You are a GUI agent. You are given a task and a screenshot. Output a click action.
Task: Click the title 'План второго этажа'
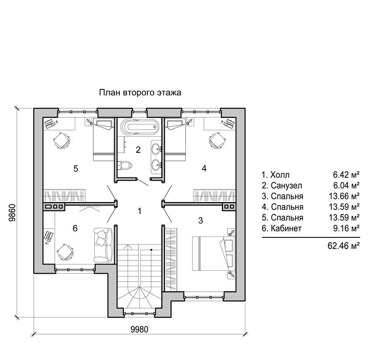coord(140,93)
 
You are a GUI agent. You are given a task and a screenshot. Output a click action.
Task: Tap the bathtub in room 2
coord(140,126)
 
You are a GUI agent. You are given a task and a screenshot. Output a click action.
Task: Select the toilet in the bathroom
coord(125,165)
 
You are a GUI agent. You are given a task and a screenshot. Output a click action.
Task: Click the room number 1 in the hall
coord(139,211)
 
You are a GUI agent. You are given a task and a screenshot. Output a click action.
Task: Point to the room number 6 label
coord(75,228)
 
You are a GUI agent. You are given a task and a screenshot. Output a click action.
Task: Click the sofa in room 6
coord(103,245)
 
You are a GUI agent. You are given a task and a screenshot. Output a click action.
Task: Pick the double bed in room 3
coord(214,253)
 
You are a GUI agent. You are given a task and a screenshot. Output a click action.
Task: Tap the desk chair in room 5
coord(62,141)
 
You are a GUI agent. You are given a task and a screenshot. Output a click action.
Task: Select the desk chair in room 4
coord(217,141)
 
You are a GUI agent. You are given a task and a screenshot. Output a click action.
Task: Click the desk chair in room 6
coord(65,252)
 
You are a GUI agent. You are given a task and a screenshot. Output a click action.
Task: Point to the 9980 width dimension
coord(139,329)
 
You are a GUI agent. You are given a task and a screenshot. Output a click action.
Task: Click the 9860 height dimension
coord(12,213)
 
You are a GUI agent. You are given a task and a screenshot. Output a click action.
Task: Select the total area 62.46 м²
coord(344,246)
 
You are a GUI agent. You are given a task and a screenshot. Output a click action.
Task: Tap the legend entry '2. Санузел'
coord(282,186)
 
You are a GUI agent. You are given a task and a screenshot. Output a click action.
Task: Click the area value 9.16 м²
coord(346,228)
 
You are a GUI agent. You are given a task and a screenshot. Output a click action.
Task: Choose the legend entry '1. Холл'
coord(276,175)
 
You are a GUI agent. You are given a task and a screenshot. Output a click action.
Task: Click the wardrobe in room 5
coord(64,195)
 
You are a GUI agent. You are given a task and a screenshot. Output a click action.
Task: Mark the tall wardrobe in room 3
coord(171,259)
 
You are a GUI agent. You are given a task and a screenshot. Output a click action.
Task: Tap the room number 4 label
coord(204,168)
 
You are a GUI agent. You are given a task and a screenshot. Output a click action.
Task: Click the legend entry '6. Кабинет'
coord(282,228)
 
